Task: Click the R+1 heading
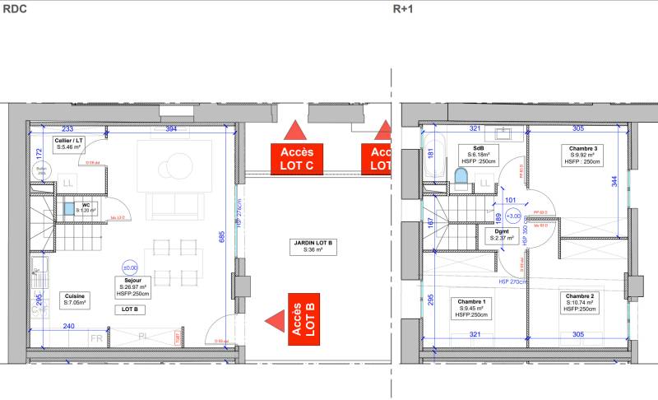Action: pos(402,10)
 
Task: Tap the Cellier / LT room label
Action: pos(68,143)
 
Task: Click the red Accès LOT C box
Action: pos(296,158)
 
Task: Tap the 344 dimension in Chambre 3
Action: pos(614,184)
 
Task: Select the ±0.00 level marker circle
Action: pos(129,268)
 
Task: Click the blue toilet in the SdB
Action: pos(461,177)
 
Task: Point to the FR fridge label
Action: pos(96,338)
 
